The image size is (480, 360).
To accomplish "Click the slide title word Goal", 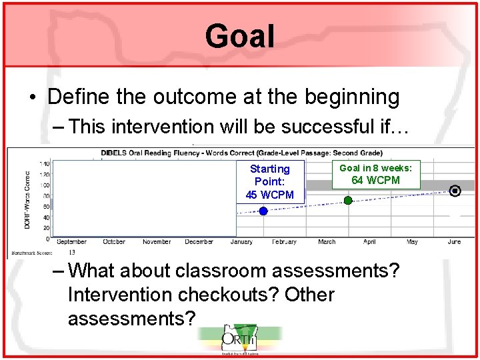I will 239,36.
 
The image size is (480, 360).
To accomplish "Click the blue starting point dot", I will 263,211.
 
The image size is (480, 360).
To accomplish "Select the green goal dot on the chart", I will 348,200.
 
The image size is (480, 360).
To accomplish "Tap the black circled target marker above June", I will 455,191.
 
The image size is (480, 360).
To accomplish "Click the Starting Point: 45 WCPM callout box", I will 270,181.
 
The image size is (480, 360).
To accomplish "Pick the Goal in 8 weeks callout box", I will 376,174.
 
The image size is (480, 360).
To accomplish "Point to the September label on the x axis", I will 71,242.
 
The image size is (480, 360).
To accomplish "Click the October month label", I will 114,242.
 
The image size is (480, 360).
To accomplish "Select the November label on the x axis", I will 157,242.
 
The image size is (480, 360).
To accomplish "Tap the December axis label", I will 199,242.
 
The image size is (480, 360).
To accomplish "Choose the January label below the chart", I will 241,242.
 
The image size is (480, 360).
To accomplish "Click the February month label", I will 284,242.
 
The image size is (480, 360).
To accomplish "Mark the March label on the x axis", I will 327,242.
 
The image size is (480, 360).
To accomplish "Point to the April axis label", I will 369,242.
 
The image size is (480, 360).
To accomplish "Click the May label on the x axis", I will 412,242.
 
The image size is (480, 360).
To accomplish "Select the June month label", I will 455,242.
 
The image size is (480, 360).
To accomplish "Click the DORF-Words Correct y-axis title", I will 27,200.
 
